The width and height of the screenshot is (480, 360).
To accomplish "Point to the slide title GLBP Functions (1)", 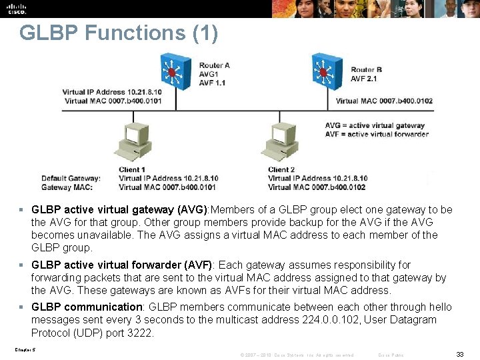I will (x=119, y=33).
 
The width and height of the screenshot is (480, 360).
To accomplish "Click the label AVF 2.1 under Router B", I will (x=363, y=79).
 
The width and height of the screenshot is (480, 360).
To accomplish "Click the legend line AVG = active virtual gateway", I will (x=375, y=125).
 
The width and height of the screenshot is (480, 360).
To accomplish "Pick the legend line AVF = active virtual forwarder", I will (x=377, y=134).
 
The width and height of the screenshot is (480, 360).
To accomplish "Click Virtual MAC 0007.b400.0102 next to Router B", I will (x=384, y=101).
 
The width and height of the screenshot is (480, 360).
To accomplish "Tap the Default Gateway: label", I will (x=71, y=178).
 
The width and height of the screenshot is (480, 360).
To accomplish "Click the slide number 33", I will (x=459, y=355).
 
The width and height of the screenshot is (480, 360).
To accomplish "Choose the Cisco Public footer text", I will (x=391, y=355).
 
